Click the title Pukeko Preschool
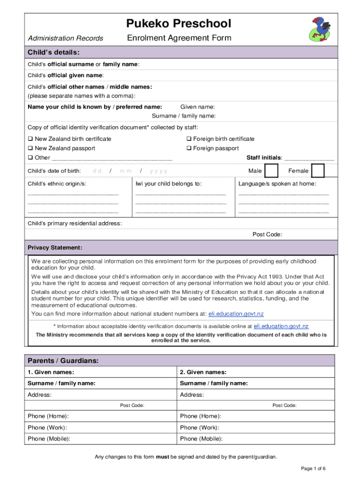[x=179, y=23]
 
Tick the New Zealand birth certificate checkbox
[x=30, y=139]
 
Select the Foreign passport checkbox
[x=189, y=148]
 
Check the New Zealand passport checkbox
[x=30, y=148]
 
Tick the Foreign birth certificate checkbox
[x=189, y=139]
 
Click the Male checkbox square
[x=272, y=171]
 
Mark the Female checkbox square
[x=318, y=171]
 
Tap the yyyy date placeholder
[x=158, y=171]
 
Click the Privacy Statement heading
[x=55, y=247]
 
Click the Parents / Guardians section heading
[x=63, y=361]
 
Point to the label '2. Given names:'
[x=203, y=372]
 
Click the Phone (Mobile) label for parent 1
[x=49, y=439]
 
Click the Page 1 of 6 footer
[x=313, y=469]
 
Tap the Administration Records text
[x=65, y=38]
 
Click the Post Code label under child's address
[x=267, y=235]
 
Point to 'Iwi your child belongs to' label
[x=168, y=184]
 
